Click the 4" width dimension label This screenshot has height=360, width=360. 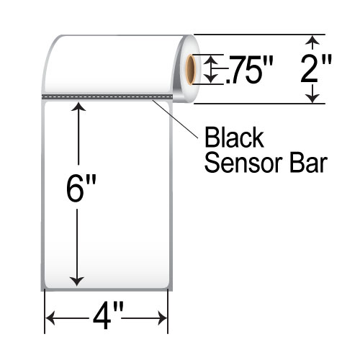(x=107, y=318)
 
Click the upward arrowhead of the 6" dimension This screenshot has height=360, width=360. (x=78, y=107)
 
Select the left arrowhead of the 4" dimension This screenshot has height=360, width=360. (x=53, y=318)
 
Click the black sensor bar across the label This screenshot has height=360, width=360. (x=108, y=95)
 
